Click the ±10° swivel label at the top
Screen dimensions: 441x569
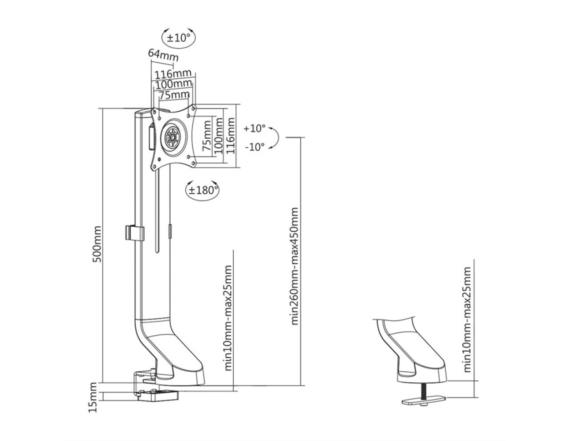179,37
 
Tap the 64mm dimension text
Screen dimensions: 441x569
163,55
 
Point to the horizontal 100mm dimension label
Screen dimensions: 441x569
172,85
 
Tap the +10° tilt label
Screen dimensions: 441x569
255,128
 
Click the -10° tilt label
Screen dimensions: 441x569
255,146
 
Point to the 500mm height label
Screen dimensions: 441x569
97,244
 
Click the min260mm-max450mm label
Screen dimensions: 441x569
294,266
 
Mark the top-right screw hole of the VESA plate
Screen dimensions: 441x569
193,107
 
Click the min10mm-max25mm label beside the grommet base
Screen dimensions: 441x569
467,320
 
